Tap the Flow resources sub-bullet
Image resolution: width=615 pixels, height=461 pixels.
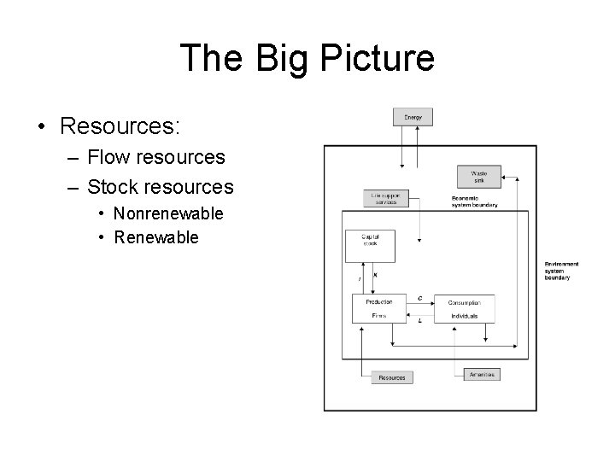(x=156, y=157)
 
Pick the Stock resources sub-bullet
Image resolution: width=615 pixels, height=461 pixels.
(x=161, y=185)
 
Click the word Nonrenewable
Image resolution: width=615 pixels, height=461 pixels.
(x=168, y=213)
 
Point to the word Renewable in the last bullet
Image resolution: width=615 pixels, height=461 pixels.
(x=155, y=236)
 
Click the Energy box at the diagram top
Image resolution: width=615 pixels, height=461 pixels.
(x=413, y=116)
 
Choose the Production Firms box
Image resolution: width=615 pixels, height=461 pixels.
(x=378, y=308)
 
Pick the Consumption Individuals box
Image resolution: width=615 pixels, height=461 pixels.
(x=464, y=308)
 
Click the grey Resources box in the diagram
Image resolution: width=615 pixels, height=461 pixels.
(x=391, y=377)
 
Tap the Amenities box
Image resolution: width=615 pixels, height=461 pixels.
(x=481, y=374)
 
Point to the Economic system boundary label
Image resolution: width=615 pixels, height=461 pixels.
(x=474, y=201)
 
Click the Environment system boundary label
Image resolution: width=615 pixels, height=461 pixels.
(x=562, y=271)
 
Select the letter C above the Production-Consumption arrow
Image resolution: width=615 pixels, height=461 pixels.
(x=419, y=298)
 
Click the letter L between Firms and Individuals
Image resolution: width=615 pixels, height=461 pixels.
(x=419, y=320)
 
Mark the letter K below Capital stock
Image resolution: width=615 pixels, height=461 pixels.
(x=376, y=275)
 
